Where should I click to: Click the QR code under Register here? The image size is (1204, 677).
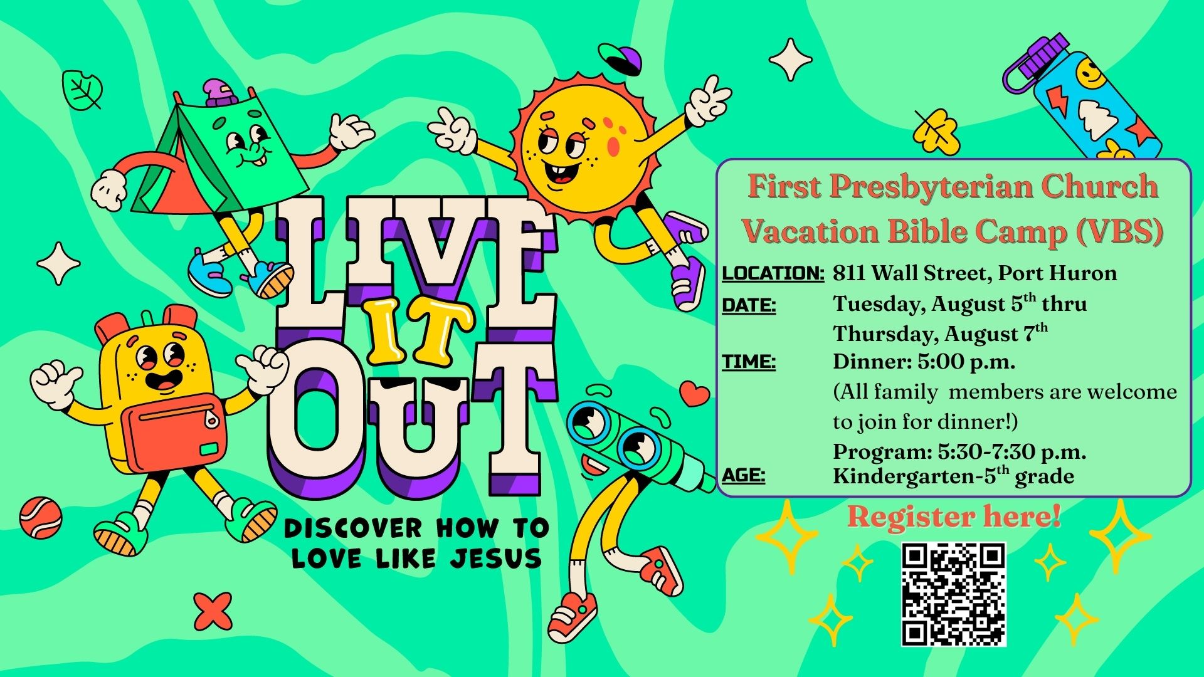(x=954, y=594)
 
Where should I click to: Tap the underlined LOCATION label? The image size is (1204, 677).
(x=773, y=273)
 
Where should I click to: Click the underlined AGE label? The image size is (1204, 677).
(x=744, y=476)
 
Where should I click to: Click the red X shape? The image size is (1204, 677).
(x=213, y=611)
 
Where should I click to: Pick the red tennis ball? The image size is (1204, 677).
(x=41, y=518)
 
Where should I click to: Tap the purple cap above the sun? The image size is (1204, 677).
(x=621, y=60)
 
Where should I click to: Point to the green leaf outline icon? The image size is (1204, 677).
(x=82, y=90)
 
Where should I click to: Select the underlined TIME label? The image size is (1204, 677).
(x=749, y=362)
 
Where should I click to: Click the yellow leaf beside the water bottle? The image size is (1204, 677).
(x=936, y=132)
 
